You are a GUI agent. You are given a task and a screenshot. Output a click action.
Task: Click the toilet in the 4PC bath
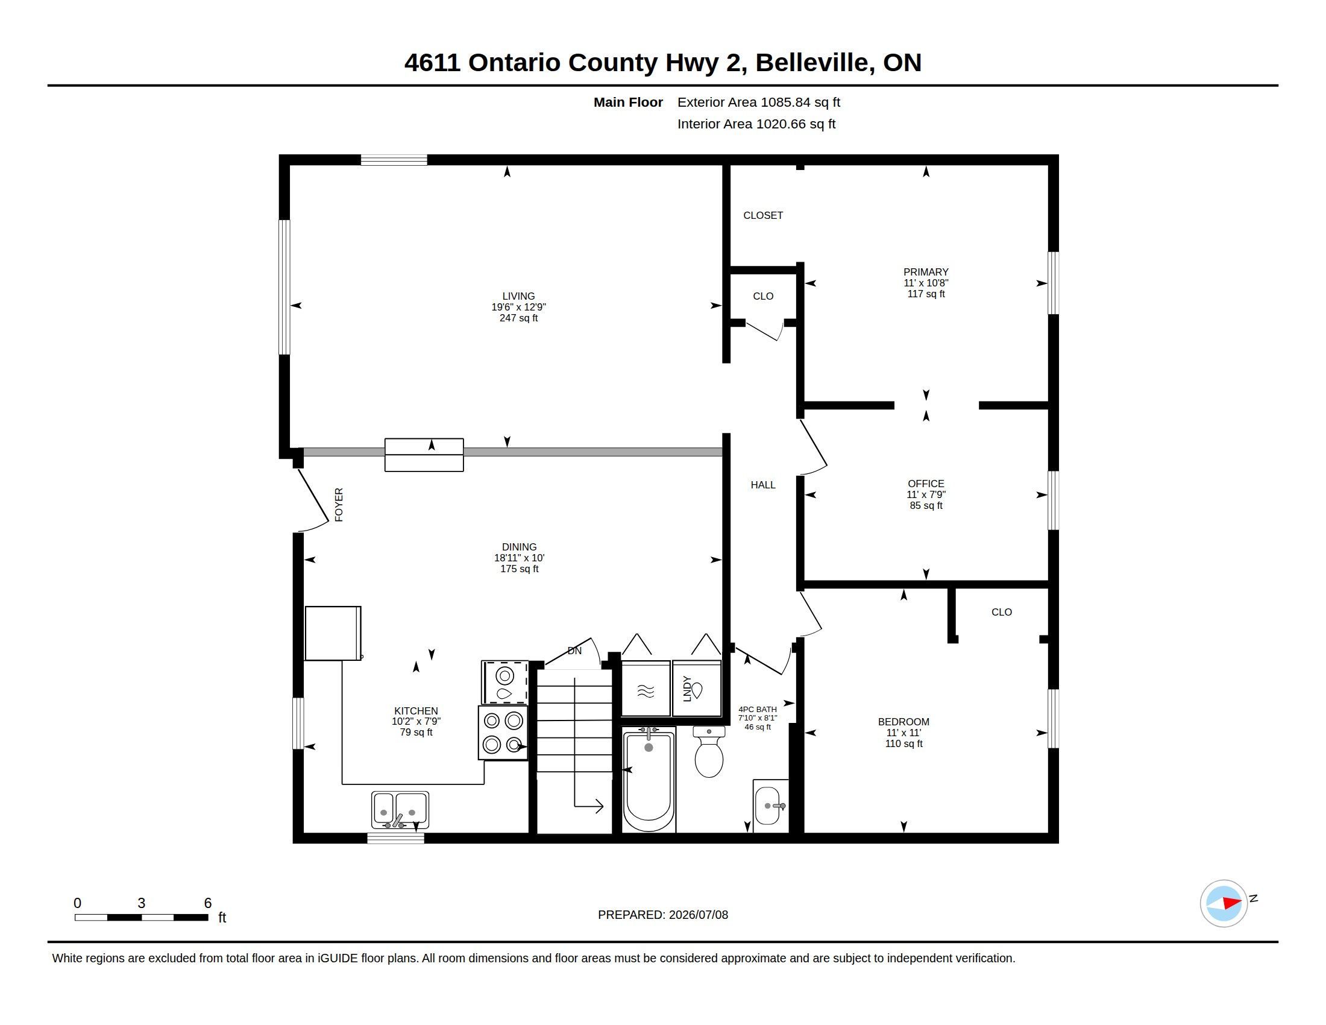(709, 751)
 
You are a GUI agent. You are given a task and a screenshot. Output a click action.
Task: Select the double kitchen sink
(400, 809)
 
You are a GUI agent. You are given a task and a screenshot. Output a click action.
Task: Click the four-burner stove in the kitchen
(503, 733)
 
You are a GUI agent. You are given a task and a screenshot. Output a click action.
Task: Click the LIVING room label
(518, 296)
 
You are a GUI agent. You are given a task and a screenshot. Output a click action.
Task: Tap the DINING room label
(519, 546)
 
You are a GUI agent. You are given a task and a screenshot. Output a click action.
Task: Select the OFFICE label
(926, 484)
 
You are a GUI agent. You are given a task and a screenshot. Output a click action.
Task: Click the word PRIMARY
(926, 272)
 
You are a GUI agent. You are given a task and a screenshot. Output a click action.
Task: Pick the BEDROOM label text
(903, 721)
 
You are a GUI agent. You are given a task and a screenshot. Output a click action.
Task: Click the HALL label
(763, 485)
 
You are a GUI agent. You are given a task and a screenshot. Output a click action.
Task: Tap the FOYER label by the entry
(339, 505)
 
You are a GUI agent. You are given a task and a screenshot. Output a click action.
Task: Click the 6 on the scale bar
(208, 903)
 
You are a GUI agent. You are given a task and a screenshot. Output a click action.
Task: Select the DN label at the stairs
(574, 651)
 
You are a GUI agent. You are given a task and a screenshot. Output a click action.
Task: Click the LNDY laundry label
(687, 689)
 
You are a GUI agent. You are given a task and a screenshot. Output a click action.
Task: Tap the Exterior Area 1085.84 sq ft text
(759, 102)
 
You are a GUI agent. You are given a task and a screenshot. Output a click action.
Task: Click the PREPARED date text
(663, 915)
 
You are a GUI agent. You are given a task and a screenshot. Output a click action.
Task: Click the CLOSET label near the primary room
(763, 216)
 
